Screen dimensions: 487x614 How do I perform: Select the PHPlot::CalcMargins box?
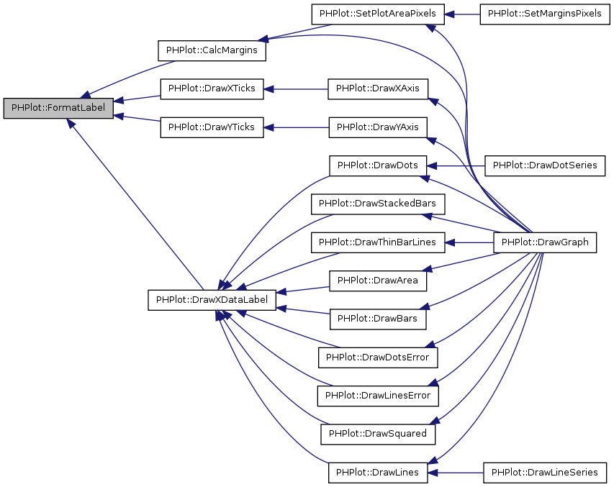[212, 51]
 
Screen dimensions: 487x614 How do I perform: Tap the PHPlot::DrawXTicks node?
[212, 89]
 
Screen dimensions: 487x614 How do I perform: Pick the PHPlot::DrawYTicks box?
[212, 127]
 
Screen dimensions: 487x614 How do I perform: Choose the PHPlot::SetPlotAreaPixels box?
[378, 14]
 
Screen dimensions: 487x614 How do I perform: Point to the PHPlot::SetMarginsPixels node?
[544, 14]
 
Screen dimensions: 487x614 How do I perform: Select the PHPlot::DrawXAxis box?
[378, 89]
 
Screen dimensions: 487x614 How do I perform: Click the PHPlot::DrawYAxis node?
[378, 127]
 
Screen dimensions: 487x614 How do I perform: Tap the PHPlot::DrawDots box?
[378, 165]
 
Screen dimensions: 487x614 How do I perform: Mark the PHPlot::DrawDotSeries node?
[544, 165]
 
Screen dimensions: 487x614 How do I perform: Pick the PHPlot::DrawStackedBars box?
[378, 204]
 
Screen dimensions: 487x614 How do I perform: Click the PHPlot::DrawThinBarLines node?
[378, 242]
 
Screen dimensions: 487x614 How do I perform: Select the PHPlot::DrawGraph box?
[544, 242]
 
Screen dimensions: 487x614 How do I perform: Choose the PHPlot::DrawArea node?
[378, 281]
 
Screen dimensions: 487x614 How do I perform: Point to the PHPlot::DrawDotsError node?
[378, 357]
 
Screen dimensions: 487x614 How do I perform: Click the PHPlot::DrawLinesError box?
[378, 395]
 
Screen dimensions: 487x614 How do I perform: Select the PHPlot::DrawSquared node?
[378, 434]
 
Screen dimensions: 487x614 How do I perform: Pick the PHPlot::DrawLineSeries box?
[544, 472]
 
